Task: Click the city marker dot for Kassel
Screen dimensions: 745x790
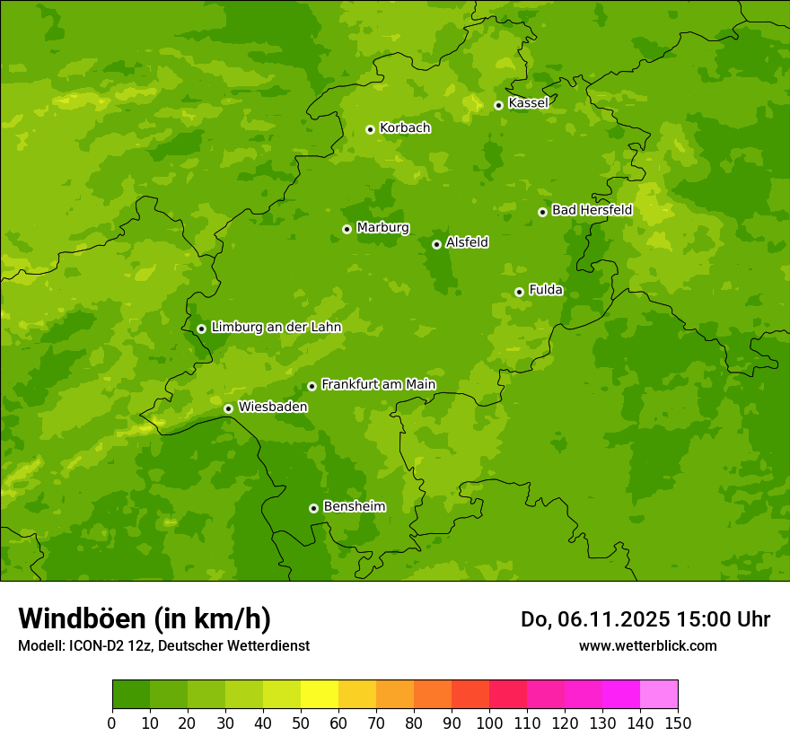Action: (498, 105)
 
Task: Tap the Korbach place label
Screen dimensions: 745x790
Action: (405, 128)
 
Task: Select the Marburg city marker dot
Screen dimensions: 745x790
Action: (347, 229)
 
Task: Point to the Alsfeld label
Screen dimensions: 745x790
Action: (467, 242)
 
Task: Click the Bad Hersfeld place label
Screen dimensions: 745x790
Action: (592, 210)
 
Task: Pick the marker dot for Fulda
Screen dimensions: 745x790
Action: (519, 292)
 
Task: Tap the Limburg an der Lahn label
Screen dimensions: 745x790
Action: (276, 328)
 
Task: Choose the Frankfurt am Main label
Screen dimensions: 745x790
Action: (378, 384)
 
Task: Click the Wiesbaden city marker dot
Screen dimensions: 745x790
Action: (228, 408)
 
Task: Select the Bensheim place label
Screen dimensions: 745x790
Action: (354, 506)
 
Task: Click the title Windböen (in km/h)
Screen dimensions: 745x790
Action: (145, 618)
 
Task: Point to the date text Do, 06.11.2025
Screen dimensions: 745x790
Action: (595, 619)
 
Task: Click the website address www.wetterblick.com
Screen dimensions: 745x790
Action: (647, 645)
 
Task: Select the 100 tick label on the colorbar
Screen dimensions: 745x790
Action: (489, 723)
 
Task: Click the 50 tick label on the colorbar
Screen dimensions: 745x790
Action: (301, 723)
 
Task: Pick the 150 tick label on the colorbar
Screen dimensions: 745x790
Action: (678, 723)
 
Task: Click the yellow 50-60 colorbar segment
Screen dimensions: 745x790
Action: (320, 695)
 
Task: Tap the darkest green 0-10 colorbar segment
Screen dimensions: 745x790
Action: (131, 695)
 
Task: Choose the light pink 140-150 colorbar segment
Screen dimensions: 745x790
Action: (659, 695)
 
